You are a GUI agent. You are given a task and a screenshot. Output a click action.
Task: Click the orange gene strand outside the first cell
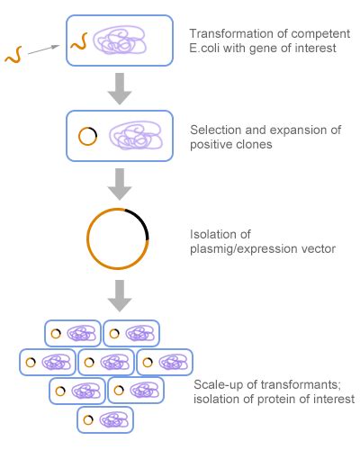point(13,57)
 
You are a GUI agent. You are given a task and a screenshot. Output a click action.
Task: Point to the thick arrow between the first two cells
point(120,87)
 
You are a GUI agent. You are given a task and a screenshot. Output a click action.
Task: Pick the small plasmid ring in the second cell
point(88,136)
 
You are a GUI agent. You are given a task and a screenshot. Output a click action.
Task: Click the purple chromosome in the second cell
point(135,137)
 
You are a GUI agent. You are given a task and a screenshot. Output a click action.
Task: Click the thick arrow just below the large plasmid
point(120,292)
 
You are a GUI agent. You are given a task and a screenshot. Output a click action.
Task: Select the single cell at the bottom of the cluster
point(105,419)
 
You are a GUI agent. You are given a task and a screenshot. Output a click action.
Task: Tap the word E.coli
point(208,49)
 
